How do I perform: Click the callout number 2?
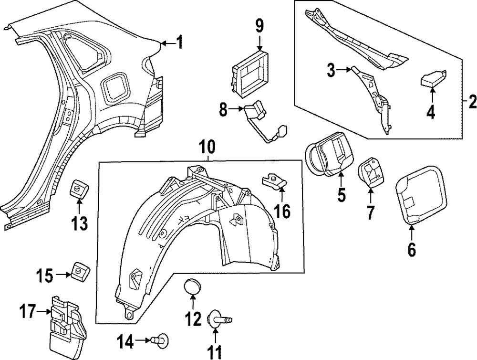click(x=472, y=101)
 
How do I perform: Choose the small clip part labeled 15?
click(x=78, y=269)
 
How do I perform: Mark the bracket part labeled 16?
click(x=275, y=181)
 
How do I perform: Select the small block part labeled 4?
click(x=432, y=78)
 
